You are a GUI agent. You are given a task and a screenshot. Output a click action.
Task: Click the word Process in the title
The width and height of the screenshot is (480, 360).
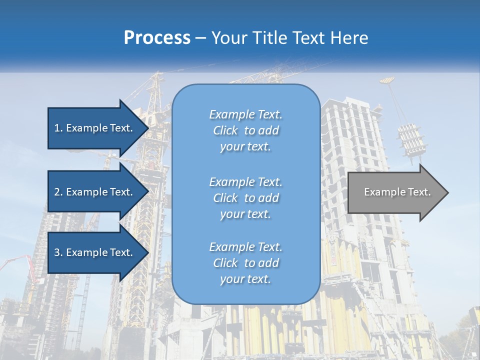click(157, 38)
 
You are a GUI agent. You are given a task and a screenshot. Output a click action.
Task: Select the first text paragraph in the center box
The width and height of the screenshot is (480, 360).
click(245, 130)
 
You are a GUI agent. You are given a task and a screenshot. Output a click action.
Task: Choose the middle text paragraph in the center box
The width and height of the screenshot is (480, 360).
click(245, 198)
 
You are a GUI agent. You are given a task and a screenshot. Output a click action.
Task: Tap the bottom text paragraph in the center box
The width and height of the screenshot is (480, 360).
click(245, 263)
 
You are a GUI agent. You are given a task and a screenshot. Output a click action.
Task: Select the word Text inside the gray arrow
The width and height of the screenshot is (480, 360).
click(418, 192)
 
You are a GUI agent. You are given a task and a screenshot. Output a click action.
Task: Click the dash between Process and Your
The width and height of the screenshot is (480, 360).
click(201, 38)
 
